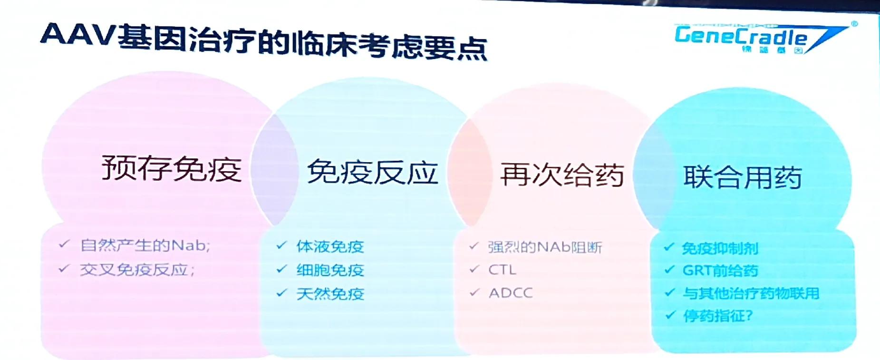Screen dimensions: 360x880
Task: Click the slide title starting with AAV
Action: coord(264,42)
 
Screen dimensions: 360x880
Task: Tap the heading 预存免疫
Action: coord(172,169)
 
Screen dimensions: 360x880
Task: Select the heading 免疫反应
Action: coord(372,172)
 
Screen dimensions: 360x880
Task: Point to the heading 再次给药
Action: coord(562,175)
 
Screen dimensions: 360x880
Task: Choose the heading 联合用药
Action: coord(743,177)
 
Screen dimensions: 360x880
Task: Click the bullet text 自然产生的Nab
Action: coord(145,245)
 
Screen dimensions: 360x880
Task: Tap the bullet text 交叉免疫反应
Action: coord(137,270)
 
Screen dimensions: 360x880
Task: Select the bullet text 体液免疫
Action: coord(330,247)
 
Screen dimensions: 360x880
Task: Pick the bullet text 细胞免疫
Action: coord(330,271)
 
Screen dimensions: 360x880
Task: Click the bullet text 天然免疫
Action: coord(330,294)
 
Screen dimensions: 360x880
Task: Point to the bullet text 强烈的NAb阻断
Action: coord(545,247)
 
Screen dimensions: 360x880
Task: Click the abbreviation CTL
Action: coord(502,270)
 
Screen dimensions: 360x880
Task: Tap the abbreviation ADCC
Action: coord(511,292)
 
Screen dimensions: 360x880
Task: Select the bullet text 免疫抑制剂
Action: coord(720,248)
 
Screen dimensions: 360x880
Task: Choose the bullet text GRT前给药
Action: coord(720,271)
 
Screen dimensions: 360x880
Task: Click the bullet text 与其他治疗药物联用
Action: coord(751,293)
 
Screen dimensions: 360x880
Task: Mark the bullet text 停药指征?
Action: coord(718,316)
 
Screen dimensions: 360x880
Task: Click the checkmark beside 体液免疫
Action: coord(281,246)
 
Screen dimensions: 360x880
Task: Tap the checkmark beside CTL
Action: coord(474,269)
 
